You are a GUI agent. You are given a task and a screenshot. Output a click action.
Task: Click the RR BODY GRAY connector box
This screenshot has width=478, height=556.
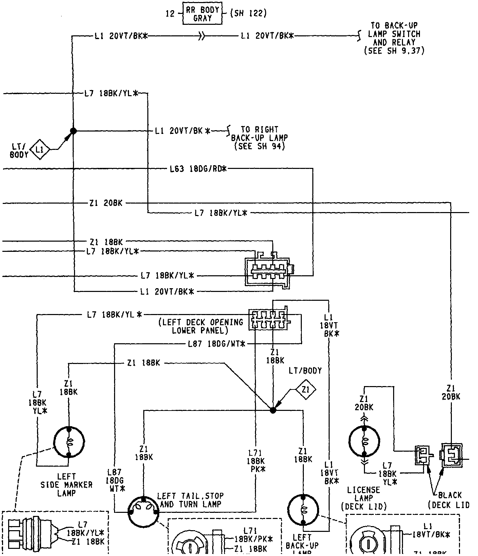[x=202, y=14]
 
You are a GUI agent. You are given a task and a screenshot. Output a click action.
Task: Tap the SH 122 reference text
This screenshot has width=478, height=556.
[x=248, y=14]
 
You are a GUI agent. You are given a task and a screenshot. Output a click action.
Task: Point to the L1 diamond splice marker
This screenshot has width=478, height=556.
[x=40, y=149]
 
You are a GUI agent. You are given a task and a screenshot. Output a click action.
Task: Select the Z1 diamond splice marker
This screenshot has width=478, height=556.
[x=306, y=390]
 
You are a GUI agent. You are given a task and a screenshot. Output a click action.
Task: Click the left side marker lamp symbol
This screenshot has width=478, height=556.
[x=69, y=442]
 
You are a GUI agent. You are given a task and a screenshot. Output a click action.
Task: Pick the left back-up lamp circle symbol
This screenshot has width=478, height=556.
[x=304, y=510]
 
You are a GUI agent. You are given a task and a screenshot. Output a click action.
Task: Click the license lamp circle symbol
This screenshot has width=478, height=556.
[x=364, y=441]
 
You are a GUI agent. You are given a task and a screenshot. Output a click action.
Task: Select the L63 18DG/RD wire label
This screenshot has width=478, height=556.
[x=198, y=169]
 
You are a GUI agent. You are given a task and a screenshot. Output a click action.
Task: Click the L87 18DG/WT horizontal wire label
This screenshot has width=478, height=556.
[x=216, y=344]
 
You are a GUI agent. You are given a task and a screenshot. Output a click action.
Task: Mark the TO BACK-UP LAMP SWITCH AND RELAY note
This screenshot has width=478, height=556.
[x=394, y=38]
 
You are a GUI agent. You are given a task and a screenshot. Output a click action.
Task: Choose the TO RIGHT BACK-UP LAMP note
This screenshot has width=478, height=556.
[x=259, y=138]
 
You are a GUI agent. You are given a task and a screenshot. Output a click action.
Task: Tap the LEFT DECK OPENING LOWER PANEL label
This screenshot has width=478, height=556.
[x=201, y=326]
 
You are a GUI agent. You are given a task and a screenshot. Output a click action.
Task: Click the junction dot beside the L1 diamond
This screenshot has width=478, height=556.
[x=73, y=131]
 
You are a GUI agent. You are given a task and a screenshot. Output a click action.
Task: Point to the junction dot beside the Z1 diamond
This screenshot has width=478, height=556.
[x=273, y=410]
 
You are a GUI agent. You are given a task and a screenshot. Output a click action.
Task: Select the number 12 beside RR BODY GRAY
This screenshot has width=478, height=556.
[x=170, y=14]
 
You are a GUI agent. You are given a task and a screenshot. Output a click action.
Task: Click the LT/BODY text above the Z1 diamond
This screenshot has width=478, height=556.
[x=305, y=371]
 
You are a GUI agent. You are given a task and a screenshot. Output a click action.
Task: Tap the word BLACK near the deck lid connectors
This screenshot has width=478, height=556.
[x=450, y=495]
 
